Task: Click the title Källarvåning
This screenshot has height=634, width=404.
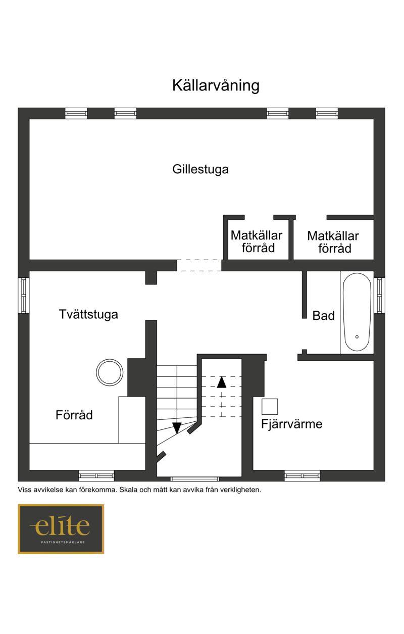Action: tap(216, 85)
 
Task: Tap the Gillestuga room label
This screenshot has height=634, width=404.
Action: tap(200, 169)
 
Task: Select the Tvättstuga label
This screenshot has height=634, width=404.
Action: tap(88, 314)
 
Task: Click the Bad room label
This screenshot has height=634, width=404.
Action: tap(323, 316)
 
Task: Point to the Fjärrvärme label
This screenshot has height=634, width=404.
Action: tap(292, 424)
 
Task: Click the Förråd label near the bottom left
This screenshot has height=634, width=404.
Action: tap(74, 415)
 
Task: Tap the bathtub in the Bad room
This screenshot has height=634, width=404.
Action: tap(357, 312)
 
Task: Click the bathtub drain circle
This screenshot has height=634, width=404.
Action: tap(357, 337)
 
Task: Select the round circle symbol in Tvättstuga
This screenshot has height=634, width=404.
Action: tap(110, 359)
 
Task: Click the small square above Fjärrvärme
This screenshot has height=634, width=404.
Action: tap(270, 407)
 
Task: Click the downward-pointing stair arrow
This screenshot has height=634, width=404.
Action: tap(177, 428)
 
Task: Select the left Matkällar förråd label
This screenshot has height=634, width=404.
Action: tap(257, 241)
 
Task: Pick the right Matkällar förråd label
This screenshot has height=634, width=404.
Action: tap(333, 242)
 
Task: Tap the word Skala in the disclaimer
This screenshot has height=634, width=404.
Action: tap(128, 490)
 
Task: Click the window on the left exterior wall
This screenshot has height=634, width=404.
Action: tap(23, 296)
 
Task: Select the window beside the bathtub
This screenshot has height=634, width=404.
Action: tap(379, 296)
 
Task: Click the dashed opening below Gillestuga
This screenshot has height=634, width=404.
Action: tap(199, 266)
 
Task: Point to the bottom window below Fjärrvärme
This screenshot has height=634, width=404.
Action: tap(302, 476)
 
